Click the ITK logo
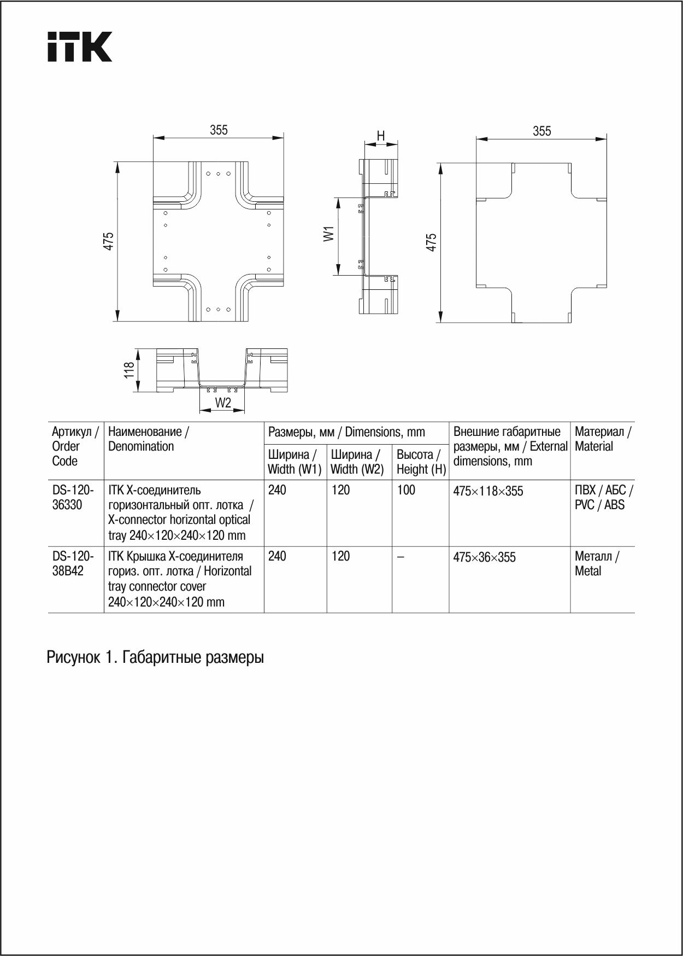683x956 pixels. (x=80, y=46)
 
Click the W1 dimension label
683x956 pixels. (x=328, y=234)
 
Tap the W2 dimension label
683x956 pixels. (x=223, y=403)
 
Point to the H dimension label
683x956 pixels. (x=381, y=136)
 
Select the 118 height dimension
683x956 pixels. (x=129, y=370)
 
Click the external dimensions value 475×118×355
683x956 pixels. (x=488, y=491)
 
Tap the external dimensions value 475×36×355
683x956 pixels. (x=484, y=557)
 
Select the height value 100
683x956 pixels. (x=406, y=490)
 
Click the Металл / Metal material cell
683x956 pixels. (x=597, y=563)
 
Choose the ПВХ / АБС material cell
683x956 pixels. (x=603, y=497)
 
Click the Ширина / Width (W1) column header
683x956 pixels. (x=295, y=462)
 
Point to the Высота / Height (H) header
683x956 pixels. (x=421, y=462)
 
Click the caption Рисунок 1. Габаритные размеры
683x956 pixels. (x=155, y=657)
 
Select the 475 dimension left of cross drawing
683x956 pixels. (x=109, y=241)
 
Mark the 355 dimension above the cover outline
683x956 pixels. (x=541, y=131)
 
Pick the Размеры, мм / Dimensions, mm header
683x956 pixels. (x=346, y=432)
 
